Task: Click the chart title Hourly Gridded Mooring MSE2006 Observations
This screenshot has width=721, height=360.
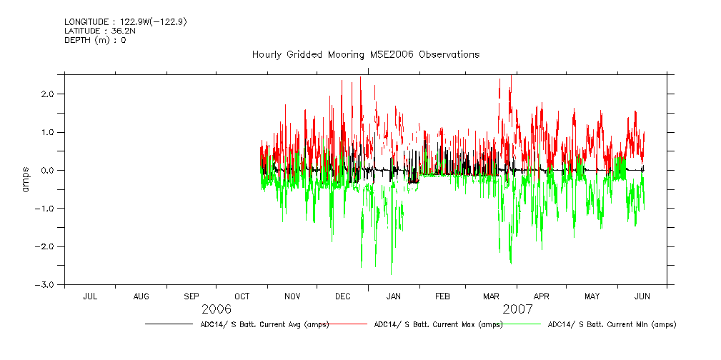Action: pos(365,55)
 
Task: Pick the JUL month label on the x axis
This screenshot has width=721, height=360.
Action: pos(90,296)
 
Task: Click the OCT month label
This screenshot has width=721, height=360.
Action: pos(242,296)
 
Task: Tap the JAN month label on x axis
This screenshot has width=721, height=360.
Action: pos(394,296)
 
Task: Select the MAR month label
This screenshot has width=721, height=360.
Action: pos(491,296)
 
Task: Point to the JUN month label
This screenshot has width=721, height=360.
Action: pos(642,296)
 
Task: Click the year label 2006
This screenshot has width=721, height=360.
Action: pos(217,309)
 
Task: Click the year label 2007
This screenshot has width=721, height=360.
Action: pos(517,309)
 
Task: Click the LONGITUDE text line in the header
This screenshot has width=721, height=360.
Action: pos(126,22)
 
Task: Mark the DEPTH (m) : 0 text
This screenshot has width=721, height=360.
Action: pos(95,40)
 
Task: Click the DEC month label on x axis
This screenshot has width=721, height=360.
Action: pos(342,296)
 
